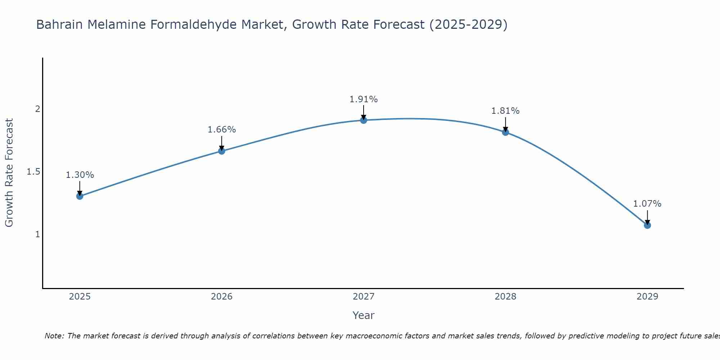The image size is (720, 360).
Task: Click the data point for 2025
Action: click(80, 196)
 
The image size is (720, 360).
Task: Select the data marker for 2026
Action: click(222, 151)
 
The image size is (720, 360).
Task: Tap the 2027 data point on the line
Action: click(364, 120)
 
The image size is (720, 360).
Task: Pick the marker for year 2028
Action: click(505, 132)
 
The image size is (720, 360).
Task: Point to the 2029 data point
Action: click(647, 225)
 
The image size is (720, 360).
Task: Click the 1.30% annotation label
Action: click(80, 175)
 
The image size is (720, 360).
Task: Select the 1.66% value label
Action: click(222, 130)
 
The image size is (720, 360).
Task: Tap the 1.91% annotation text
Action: click(364, 99)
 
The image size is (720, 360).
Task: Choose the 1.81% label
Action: click(505, 111)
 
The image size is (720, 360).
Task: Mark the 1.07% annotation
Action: click(647, 204)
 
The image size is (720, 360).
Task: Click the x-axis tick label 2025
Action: click(80, 297)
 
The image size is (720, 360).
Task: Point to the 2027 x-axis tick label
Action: click(364, 297)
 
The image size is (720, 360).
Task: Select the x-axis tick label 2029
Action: click(647, 297)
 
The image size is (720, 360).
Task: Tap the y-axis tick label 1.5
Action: click(33, 172)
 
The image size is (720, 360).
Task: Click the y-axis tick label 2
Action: click(37, 109)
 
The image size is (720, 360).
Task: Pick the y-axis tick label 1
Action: click(37, 234)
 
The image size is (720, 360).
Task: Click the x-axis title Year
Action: click(364, 315)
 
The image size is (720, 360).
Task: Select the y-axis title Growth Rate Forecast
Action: click(9, 173)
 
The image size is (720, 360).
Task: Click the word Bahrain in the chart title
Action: click(60, 24)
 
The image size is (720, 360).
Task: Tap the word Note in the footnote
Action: click(54, 336)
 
